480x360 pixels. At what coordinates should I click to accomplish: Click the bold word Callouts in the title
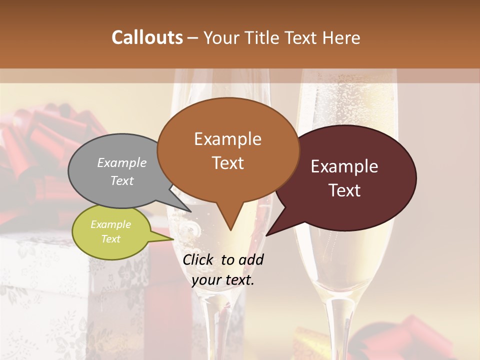point(147,37)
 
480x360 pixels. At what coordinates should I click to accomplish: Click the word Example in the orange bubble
point(227,139)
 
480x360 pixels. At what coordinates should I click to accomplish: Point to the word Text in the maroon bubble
point(345,190)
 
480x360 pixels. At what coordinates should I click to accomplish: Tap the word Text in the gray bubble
point(122,181)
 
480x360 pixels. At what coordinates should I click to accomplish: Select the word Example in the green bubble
point(110,224)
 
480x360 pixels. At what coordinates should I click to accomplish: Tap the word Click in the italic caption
point(199,259)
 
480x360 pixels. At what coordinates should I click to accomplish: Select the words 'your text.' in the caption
point(222,280)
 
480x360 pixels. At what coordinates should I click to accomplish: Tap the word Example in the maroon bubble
point(344,166)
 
